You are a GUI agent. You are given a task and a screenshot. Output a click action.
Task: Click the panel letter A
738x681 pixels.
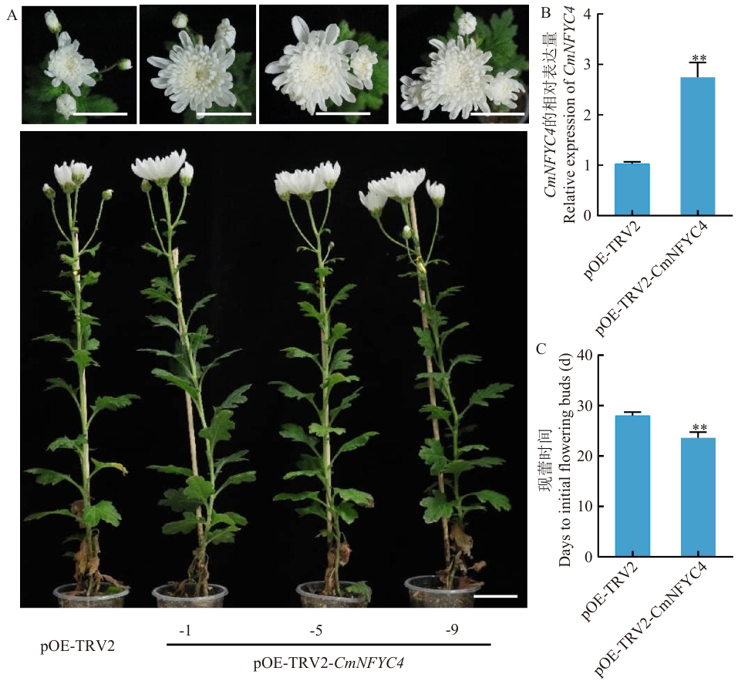(x=12, y=15)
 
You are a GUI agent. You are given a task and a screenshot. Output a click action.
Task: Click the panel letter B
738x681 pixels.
(x=546, y=13)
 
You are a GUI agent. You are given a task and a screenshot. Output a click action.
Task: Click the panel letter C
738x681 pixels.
(x=541, y=349)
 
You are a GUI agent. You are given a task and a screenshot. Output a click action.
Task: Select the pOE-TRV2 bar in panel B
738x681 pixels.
(x=632, y=189)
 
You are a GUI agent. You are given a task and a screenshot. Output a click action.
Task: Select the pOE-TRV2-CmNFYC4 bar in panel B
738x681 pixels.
(x=698, y=147)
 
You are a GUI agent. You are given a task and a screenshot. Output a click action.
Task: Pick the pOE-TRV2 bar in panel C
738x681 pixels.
(x=632, y=486)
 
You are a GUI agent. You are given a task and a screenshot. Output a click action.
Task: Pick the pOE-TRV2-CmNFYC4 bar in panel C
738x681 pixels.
(x=698, y=497)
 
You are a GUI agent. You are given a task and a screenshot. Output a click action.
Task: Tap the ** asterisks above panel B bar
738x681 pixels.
(x=699, y=59)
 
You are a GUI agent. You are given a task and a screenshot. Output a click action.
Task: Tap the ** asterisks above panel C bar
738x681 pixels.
(x=699, y=427)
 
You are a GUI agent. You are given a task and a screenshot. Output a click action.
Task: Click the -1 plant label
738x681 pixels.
(x=185, y=629)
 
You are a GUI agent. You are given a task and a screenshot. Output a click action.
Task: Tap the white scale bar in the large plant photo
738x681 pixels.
(x=495, y=596)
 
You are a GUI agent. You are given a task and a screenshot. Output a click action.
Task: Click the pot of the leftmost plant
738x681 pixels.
(x=91, y=596)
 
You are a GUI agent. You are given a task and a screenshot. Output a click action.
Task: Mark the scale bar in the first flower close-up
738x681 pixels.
(x=100, y=113)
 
